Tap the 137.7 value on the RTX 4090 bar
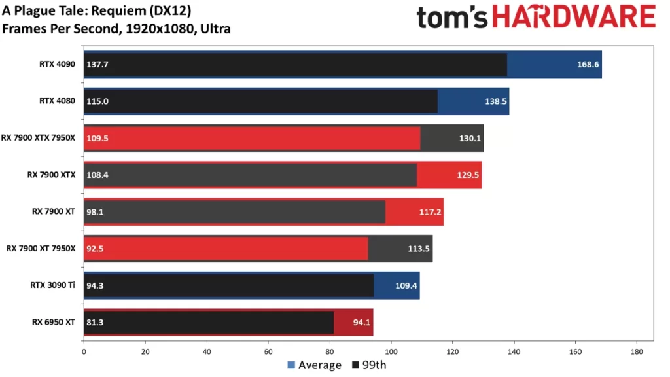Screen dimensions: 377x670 tap(96, 65)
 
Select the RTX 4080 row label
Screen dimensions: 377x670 tap(57, 101)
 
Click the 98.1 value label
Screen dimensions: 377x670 tap(94, 211)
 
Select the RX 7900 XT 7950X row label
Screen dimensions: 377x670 tap(41, 248)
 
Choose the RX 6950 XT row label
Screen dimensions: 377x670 tap(54, 321)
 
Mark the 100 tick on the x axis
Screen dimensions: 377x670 tap(391, 351)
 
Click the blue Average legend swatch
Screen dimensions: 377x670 tap(291, 365)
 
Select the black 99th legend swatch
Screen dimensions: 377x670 tap(356, 365)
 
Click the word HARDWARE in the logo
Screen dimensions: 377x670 tap(573, 18)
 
